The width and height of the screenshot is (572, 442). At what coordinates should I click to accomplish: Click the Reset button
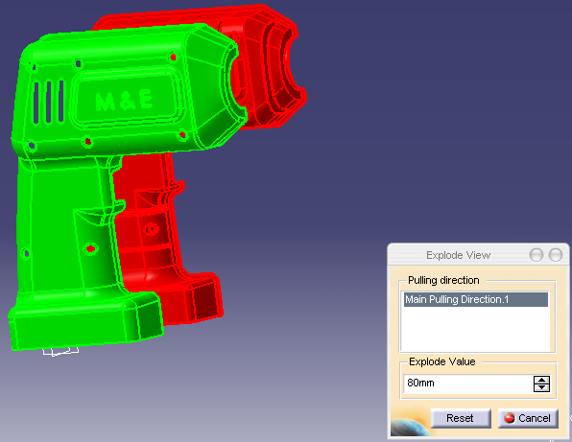pos(461,418)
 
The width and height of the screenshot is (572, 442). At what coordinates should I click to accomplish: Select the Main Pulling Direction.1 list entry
pos(476,299)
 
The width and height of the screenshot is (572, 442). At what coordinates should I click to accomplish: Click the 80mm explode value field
pos(467,383)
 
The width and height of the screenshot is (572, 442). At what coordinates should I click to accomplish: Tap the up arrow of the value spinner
pos(541,380)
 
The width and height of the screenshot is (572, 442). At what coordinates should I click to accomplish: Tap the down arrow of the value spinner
pos(541,387)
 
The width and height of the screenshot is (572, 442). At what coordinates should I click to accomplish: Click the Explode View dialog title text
pos(458,255)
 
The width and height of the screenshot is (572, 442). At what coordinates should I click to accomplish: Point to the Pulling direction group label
pos(443,280)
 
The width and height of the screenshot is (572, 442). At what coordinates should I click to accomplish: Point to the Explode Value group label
pos(442,361)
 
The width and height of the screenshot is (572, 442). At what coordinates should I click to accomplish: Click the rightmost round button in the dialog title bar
pos(556,255)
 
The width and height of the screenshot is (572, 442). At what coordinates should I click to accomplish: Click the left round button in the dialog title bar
pos(536,255)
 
